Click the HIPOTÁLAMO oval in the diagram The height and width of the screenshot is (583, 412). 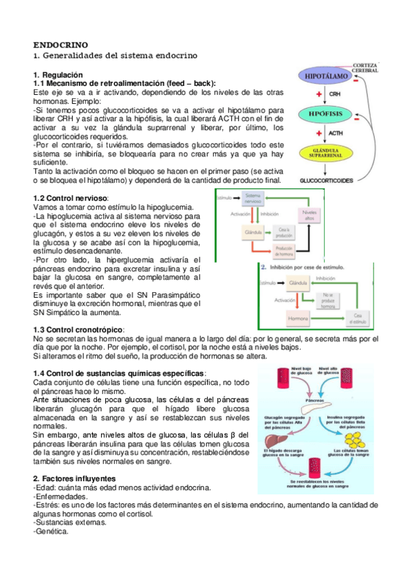coord(325,78)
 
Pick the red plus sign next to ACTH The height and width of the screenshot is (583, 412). coord(319,133)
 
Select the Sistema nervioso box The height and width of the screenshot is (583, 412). coord(254,199)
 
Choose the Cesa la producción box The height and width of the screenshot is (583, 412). coord(284,232)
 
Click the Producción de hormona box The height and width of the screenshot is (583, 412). coord(284,250)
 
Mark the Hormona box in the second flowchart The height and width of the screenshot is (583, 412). coord(298,318)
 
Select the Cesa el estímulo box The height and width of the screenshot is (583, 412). coord(358,318)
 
